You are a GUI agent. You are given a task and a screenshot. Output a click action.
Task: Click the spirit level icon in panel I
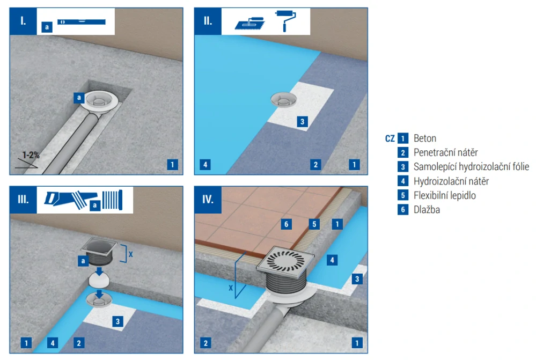tap(82, 22)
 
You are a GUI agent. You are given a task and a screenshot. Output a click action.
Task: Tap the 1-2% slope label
tap(31, 155)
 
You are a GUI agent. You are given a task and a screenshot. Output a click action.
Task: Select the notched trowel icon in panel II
tap(250, 24)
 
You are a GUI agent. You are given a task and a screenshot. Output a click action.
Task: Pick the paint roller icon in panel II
tap(285, 21)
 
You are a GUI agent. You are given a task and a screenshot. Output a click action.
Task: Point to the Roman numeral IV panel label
tap(208, 200)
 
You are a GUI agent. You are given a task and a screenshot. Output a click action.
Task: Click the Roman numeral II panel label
tap(208, 21)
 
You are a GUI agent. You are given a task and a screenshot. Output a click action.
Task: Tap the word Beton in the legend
tap(425, 138)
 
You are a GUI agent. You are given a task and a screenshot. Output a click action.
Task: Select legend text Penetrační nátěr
tap(446, 152)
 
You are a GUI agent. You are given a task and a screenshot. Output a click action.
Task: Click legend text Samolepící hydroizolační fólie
tap(472, 166)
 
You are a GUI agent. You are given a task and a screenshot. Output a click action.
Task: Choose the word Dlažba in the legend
tap(427, 210)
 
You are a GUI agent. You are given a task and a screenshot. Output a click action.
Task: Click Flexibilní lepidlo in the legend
tap(445, 195)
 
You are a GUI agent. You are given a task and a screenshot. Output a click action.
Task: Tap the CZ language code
tap(390, 138)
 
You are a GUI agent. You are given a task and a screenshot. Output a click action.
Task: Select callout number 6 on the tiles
tap(287, 224)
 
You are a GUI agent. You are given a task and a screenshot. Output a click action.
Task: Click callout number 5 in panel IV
tap(314, 224)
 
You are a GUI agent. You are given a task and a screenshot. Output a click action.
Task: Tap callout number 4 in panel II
tap(205, 165)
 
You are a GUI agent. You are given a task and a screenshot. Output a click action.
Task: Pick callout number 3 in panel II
tap(302, 122)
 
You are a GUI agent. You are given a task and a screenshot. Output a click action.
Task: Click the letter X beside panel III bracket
tap(130, 254)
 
